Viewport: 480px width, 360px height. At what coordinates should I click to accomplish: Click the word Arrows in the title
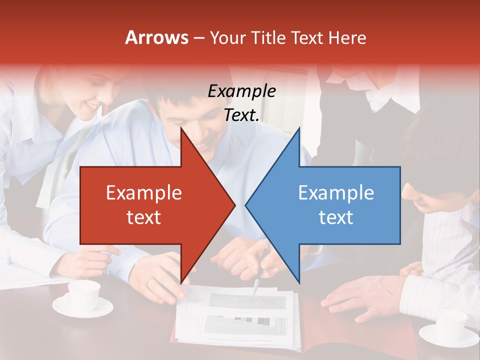coord(157,37)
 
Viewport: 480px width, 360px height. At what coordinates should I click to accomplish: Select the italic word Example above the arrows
coord(241,91)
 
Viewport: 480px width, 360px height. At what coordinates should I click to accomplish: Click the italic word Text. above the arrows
coord(241,115)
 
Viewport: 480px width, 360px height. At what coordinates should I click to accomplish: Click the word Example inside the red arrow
coord(143,192)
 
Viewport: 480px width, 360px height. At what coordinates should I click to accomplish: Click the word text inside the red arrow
coord(143,217)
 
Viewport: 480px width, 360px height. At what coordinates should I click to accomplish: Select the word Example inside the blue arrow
coord(336,192)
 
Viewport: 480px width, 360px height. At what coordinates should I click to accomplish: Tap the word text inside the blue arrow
coord(336,217)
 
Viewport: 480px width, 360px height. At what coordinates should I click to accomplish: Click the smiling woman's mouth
coord(93,107)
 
